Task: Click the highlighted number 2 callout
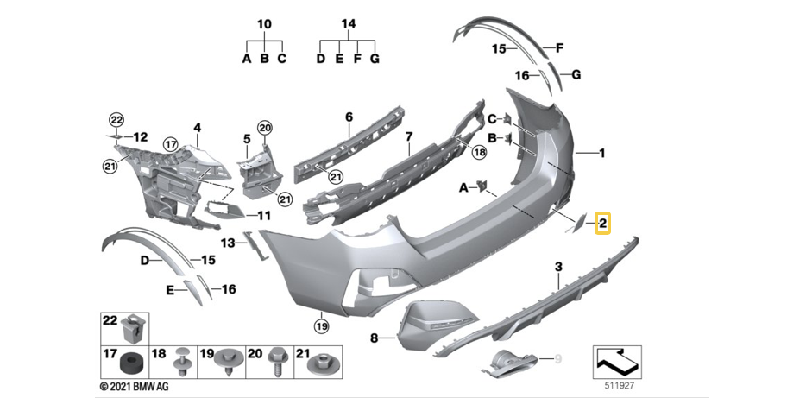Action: [603, 224]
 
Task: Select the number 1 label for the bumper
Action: [602, 154]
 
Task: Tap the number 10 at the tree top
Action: [264, 24]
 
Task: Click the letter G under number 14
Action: [374, 60]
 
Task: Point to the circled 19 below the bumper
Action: [322, 326]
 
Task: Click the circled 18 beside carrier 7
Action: [481, 152]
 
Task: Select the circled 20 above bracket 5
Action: [265, 128]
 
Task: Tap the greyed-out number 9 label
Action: [557, 357]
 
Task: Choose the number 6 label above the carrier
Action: [349, 116]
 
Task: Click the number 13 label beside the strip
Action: [227, 243]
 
